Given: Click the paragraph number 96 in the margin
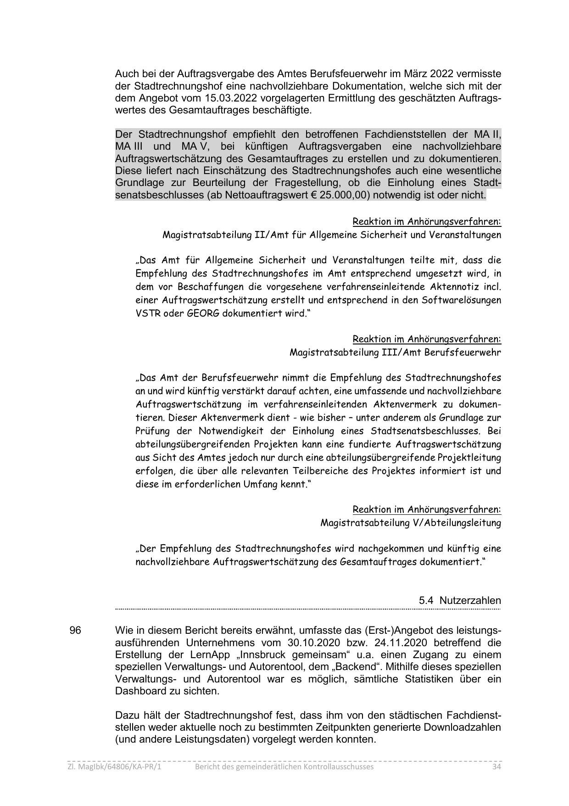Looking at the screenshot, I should tap(75, 630).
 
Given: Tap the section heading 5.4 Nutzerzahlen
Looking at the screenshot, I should tap(459, 600).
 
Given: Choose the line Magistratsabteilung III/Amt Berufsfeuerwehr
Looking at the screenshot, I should tap(395, 352).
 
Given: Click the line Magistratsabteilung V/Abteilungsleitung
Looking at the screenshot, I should tap(410, 523).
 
